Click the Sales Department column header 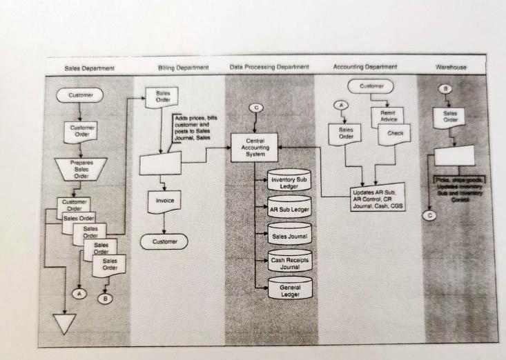click(x=89, y=68)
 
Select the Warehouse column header click(x=451, y=67)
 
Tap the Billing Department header click(x=183, y=68)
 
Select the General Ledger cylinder click(x=289, y=290)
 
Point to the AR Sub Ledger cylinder click(x=289, y=208)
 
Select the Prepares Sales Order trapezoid click(x=81, y=169)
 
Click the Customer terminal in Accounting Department click(x=371, y=86)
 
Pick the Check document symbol click(x=394, y=133)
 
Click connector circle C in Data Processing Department click(x=256, y=108)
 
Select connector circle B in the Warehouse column click(x=446, y=89)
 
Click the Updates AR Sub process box click(x=376, y=197)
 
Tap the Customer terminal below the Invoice click(x=164, y=241)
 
